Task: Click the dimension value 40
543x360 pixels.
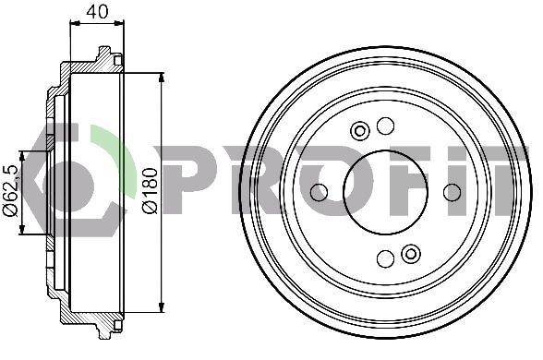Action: [97, 12]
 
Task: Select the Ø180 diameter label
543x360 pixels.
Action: [150, 191]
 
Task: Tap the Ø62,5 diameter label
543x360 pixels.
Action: [11, 191]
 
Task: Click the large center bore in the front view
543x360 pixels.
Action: [385, 192]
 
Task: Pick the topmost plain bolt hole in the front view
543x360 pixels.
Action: [385, 126]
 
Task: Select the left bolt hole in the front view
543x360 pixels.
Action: [319, 192]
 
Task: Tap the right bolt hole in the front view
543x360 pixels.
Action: [452, 192]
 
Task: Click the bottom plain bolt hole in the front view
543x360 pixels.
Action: [385, 258]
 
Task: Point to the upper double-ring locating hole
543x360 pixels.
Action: [360, 131]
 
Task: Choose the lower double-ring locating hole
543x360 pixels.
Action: [411, 254]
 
